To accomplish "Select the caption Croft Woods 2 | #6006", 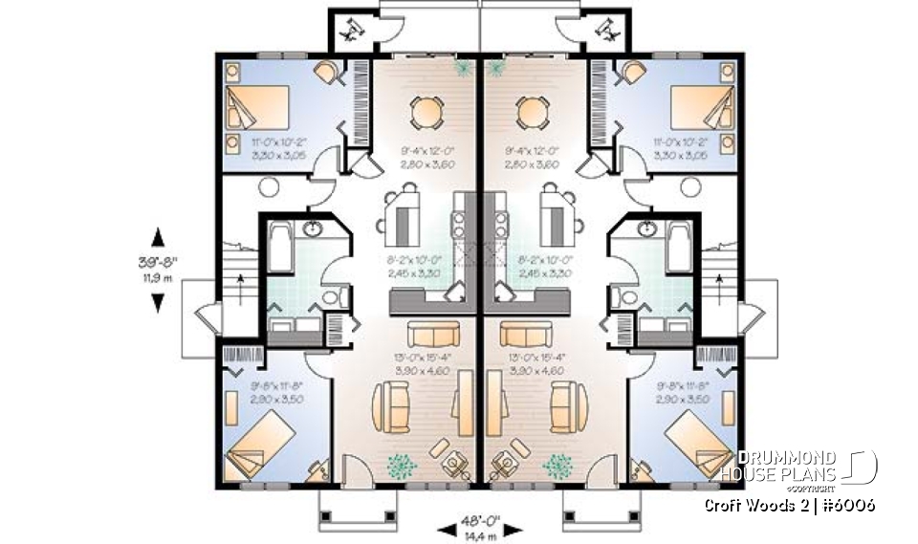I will [x=790, y=504].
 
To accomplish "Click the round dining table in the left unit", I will [x=426, y=113].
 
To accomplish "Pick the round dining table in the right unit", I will [x=533, y=113].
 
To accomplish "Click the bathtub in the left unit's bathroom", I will [x=281, y=247].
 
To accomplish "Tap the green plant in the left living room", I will [x=402, y=465].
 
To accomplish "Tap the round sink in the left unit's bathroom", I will [x=312, y=229].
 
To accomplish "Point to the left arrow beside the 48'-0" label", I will [x=446, y=528].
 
